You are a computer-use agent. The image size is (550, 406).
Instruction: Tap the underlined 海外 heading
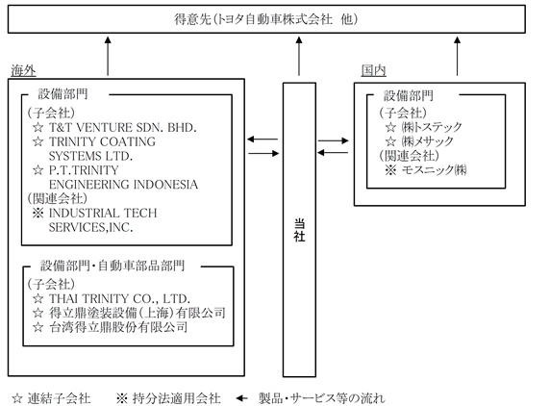click(23, 70)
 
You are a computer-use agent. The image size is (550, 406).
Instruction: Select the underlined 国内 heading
click(374, 70)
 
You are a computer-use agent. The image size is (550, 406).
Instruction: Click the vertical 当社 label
click(299, 230)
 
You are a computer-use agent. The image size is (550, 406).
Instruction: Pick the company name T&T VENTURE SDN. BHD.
click(122, 127)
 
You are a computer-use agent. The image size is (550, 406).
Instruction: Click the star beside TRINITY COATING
click(37, 141)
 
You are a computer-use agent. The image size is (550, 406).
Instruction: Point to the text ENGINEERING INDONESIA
click(123, 185)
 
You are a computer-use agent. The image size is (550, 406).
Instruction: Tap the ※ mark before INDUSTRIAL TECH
click(37, 213)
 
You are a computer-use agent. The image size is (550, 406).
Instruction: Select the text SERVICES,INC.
click(90, 227)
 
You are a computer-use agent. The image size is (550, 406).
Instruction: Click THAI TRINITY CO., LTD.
click(119, 298)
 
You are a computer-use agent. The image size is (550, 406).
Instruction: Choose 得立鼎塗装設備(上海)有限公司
click(137, 313)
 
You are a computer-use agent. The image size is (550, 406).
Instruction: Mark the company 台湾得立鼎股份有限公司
click(118, 327)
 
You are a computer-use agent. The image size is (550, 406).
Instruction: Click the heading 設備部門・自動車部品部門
click(112, 266)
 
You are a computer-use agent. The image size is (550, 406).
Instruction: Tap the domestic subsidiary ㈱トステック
click(432, 127)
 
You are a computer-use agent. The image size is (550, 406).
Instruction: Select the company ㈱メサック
click(427, 141)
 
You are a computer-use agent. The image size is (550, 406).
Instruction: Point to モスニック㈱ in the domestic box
click(434, 170)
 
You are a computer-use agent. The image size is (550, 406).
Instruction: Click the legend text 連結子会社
click(59, 398)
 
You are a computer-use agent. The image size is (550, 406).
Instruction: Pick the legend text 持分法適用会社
click(176, 398)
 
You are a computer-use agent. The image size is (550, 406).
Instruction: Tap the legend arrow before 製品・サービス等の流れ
click(241, 398)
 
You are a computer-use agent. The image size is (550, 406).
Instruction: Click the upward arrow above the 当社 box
click(299, 56)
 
